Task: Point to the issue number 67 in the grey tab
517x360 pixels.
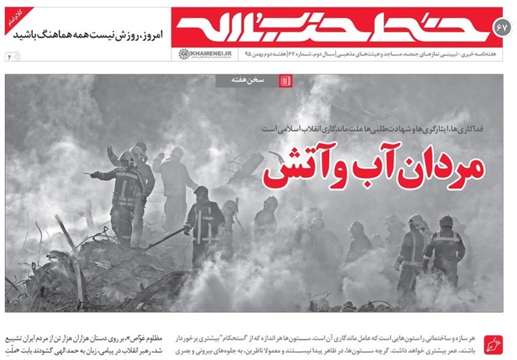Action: [501, 28]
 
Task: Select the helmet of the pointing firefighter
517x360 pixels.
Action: [127, 157]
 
